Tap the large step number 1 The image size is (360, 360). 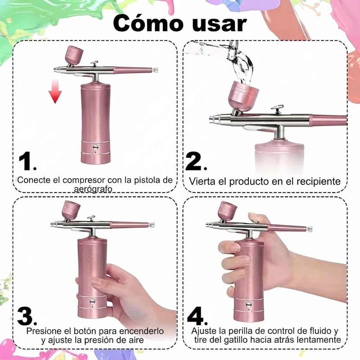(x=26, y=161)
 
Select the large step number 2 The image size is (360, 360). (x=196, y=161)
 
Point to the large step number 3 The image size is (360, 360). (x=27, y=316)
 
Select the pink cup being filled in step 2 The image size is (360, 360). (x=243, y=96)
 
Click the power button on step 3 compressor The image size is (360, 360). (x=92, y=301)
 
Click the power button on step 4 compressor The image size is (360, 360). (x=249, y=304)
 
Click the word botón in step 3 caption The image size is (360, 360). (x=84, y=331)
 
